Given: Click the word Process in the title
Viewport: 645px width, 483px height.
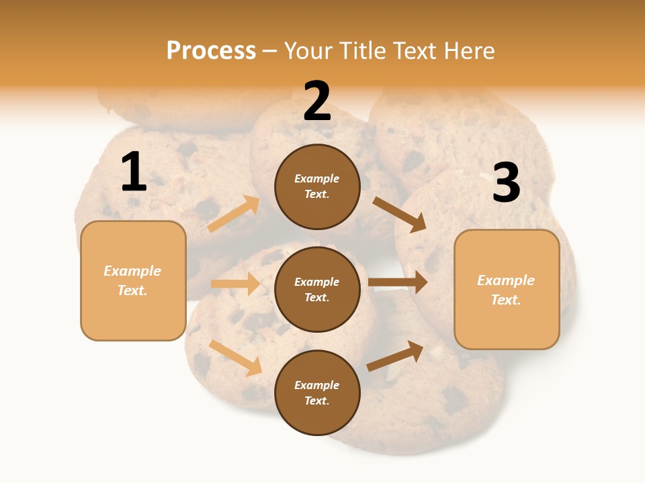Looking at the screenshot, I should (211, 51).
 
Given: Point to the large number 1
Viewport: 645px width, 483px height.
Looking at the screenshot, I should (134, 172).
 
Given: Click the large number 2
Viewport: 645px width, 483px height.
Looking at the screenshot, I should (317, 101).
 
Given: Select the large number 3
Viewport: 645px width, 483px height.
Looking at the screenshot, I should (506, 183).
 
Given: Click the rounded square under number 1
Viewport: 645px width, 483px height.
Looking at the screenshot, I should (133, 280).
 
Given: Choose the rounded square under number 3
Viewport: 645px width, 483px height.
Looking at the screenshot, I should (507, 289).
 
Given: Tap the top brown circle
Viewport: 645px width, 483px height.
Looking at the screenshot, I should (317, 186).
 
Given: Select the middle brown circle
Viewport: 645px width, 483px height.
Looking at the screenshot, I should (317, 289).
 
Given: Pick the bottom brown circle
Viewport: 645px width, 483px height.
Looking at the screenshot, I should (317, 392).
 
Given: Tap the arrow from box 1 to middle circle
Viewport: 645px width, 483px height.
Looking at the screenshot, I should (236, 284).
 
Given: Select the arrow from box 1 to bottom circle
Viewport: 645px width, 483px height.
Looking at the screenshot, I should (236, 358).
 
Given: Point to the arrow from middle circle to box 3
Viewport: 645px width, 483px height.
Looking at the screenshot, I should (398, 282).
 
